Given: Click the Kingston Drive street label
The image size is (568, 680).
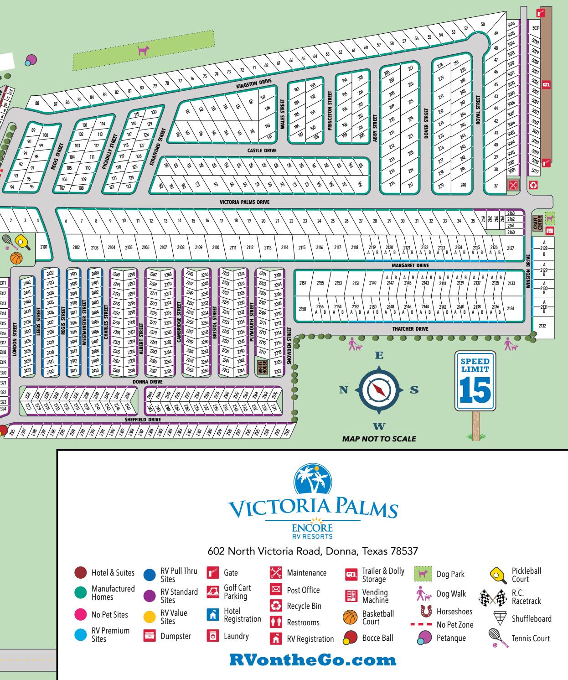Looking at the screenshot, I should (254, 84).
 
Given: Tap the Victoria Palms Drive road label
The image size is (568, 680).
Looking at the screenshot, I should (244, 202).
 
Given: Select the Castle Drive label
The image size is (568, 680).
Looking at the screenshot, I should (262, 151).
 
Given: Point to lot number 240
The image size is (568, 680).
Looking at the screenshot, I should (463, 185).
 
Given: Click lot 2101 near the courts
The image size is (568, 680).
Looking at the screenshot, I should (44, 246).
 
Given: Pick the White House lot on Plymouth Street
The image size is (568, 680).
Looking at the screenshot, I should (262, 368).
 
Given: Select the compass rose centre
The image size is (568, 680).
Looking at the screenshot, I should (378, 390).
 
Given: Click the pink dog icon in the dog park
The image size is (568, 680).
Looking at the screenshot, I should (143, 50).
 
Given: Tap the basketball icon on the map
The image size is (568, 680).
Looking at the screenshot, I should (16, 259).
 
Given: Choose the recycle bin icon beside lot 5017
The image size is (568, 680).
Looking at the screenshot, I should (536, 185).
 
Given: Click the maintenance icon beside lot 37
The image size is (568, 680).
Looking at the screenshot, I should (513, 185).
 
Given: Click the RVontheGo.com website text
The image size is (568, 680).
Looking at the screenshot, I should (313, 659).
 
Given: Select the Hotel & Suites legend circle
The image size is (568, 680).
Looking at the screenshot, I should (81, 573).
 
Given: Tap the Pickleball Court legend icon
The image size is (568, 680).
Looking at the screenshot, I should (497, 574).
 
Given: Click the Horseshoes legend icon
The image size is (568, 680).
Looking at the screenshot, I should (426, 611).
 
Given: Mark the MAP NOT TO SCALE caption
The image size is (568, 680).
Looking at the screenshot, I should (379, 439).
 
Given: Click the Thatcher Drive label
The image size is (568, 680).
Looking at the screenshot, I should (410, 329).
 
